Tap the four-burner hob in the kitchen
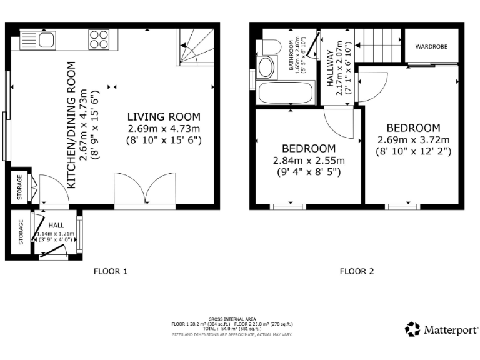pyautogui.click(x=99, y=39)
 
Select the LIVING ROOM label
pyautogui.click(x=164, y=116)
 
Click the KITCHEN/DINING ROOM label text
pyautogui.click(x=71, y=125)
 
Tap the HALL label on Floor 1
pyautogui.click(x=56, y=225)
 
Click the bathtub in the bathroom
pyautogui.click(x=284, y=94)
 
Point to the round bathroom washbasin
pyautogui.click(x=266, y=68)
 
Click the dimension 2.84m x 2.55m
pyautogui.click(x=309, y=160)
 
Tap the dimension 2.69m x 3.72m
pyautogui.click(x=413, y=139)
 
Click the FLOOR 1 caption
pyautogui.click(x=111, y=271)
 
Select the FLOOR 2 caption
pyautogui.click(x=357, y=271)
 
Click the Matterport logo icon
pyautogui.click(x=412, y=329)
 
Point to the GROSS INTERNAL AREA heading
pyautogui.click(x=232, y=319)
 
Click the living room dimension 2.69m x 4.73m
pyautogui.click(x=164, y=128)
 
